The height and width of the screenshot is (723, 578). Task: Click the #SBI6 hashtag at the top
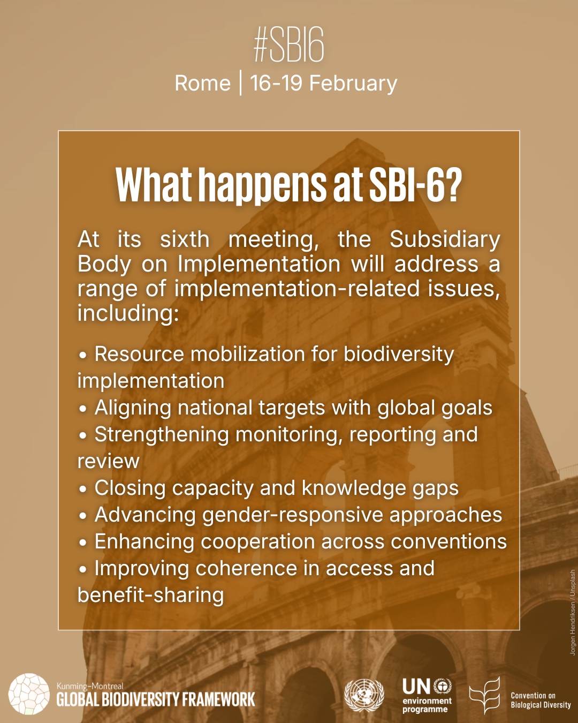click(x=289, y=45)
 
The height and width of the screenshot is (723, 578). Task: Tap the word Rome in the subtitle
click(x=202, y=83)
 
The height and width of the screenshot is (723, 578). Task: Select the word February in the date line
click(x=353, y=84)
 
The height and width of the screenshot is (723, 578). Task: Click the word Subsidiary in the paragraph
click(x=445, y=240)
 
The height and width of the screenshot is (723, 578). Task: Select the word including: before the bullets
click(x=128, y=313)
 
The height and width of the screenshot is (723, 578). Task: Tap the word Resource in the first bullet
click(x=139, y=354)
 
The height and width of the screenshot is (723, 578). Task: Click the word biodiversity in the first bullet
click(x=398, y=355)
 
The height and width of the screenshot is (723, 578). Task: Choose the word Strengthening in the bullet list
click(x=162, y=435)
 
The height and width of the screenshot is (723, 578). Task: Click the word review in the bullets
click(x=108, y=461)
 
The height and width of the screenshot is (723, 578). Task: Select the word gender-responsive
click(x=293, y=515)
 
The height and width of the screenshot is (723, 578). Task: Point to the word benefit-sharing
click(x=150, y=596)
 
